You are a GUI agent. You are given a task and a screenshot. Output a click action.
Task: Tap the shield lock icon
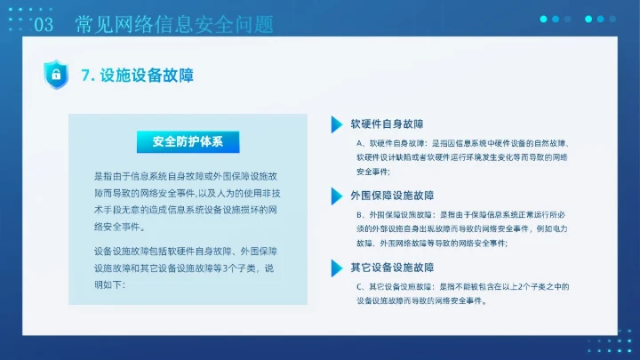(x=56, y=75)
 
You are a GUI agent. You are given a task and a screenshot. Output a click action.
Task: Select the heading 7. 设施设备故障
(x=137, y=76)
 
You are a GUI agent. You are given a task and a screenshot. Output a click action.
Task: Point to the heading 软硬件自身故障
(x=387, y=124)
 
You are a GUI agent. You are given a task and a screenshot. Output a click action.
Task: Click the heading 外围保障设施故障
(x=392, y=196)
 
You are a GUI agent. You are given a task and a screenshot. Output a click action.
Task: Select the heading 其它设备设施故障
(x=392, y=267)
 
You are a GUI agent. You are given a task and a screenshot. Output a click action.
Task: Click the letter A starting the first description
(x=359, y=142)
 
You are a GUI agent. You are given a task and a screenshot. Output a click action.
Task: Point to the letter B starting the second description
(x=359, y=214)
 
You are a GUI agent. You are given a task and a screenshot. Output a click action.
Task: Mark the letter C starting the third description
(x=359, y=286)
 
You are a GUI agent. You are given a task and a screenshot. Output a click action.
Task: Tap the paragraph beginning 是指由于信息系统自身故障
(x=186, y=201)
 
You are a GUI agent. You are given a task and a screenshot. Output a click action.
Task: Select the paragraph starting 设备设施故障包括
(x=186, y=268)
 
